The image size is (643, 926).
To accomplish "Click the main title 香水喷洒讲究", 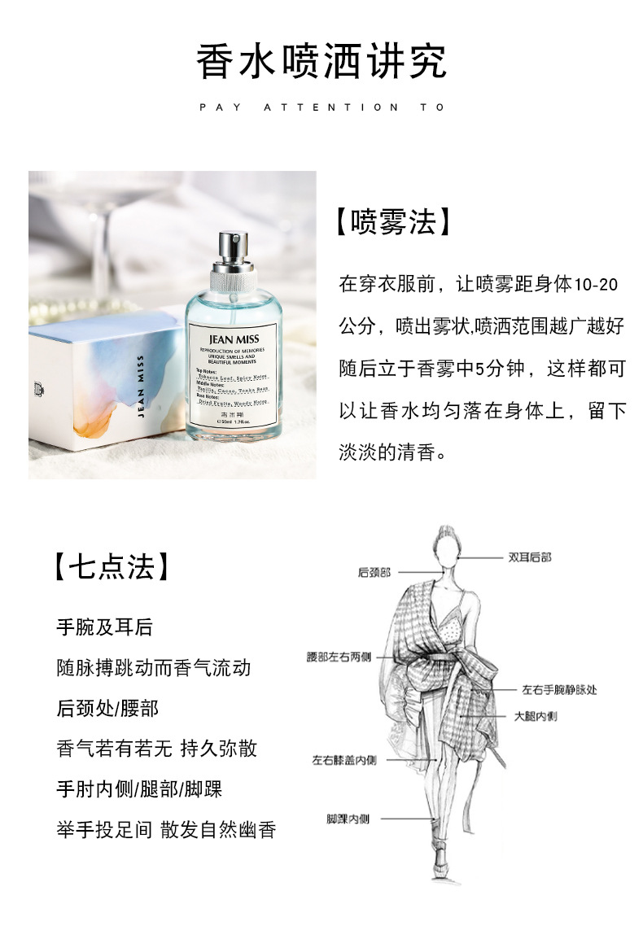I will pos(321,62).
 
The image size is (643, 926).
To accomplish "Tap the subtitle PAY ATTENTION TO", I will pos(321,107).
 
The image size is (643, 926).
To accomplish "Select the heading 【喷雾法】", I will pos(393,222).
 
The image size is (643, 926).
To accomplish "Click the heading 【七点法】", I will pos(113,567).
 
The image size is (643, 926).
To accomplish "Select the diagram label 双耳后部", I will pos(530,557).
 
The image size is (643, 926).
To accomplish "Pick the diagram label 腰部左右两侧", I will pos(339,656).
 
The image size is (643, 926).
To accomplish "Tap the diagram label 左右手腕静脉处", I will pos(559,689).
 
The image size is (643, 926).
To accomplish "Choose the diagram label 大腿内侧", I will pos(536,717).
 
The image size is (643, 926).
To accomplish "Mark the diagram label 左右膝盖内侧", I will pos(344,760).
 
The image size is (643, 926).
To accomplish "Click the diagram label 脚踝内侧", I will pos(348,819).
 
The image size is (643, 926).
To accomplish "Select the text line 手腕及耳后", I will pos(104,628).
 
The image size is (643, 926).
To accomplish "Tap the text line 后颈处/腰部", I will pos(107,708).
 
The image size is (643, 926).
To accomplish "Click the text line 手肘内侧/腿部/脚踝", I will pos(139,788).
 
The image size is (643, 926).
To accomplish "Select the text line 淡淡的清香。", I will pos(393,452).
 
